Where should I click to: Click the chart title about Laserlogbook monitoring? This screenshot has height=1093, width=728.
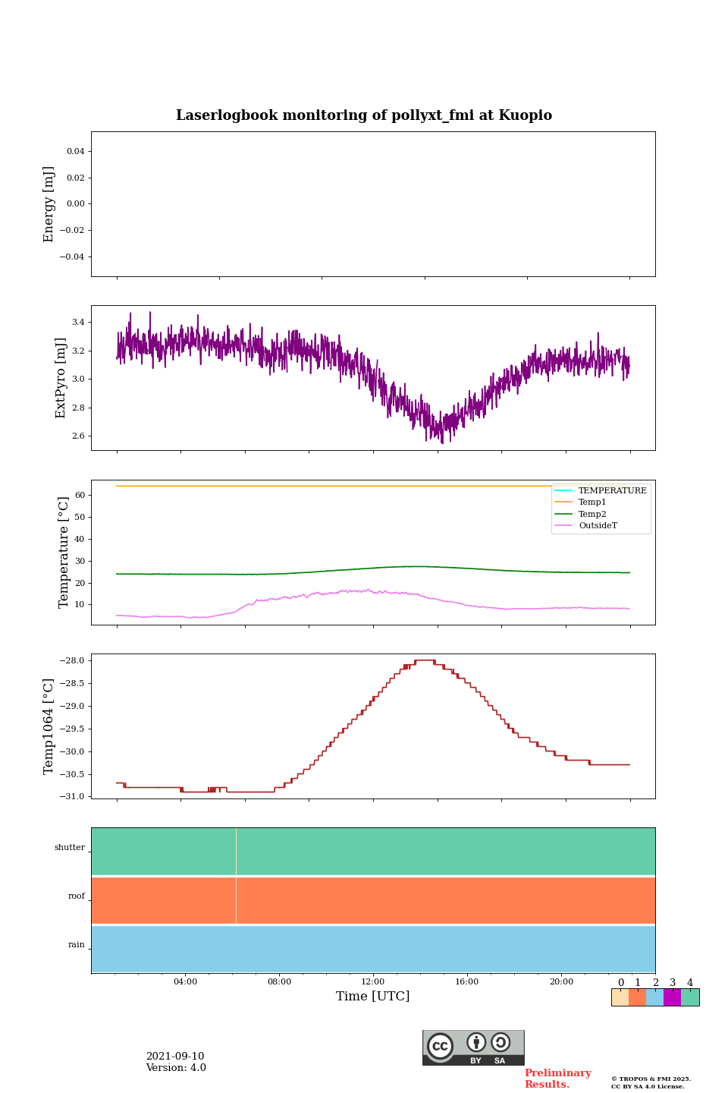pos(364,115)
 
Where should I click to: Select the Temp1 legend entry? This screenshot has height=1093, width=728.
pos(592,502)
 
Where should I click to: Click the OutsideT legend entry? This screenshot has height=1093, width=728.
pos(598,526)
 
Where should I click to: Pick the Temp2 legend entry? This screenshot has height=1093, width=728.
pos(592,514)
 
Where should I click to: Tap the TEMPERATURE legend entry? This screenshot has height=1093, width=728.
pos(612,491)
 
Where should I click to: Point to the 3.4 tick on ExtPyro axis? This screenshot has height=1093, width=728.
pos(78,323)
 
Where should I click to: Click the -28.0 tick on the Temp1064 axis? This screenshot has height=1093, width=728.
pos(73,661)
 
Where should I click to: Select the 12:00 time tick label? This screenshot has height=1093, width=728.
pos(373,982)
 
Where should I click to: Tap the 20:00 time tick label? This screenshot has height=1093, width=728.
pos(561,982)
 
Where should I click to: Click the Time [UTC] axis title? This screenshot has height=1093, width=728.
pos(373,997)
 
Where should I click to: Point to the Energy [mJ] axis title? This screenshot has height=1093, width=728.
pos(49,204)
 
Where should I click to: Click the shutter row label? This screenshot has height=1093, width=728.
pos(70,848)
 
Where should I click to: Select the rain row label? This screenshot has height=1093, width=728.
pos(77,945)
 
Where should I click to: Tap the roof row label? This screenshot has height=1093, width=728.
pos(77,896)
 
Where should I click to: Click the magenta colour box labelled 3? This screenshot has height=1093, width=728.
pos(672,997)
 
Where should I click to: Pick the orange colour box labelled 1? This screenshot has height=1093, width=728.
pos(637,997)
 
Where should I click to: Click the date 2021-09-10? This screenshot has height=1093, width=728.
pos(175,1057)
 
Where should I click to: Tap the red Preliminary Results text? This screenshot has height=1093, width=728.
pos(557,1079)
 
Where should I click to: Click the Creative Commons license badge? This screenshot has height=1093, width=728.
pos(473,1047)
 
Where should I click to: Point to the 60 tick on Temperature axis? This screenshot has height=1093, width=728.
pos(79,496)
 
